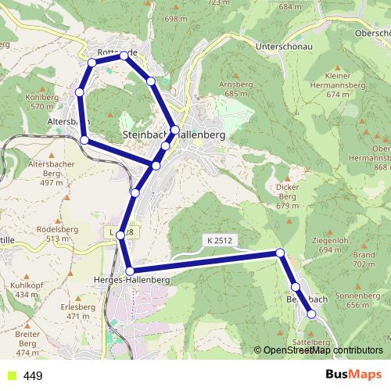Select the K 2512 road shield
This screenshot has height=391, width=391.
coord(220,239)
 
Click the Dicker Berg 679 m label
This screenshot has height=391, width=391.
coord(288,196)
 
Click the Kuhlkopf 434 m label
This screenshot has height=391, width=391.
coord(26,290)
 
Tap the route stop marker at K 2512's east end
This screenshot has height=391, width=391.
coord(280,253)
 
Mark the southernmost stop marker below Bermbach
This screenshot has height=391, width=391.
coord(311,314)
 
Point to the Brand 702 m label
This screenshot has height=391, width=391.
coord(364,260)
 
